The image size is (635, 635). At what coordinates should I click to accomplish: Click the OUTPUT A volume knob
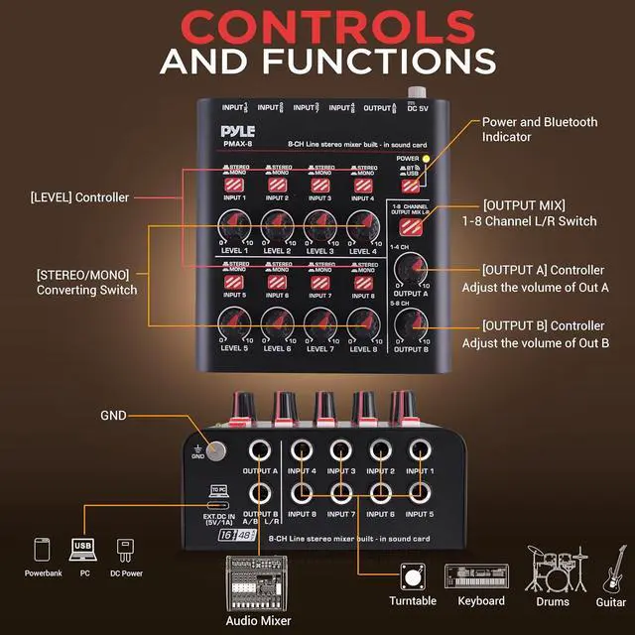[409, 267]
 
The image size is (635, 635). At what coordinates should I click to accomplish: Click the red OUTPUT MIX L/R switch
[410, 224]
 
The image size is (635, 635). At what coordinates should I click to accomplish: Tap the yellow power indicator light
[426, 159]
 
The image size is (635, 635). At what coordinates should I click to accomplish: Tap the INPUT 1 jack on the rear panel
[421, 448]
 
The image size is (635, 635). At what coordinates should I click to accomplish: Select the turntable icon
[413, 576]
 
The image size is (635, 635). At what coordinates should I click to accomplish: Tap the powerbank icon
[43, 551]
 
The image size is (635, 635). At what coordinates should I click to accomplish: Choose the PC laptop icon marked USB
[83, 549]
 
